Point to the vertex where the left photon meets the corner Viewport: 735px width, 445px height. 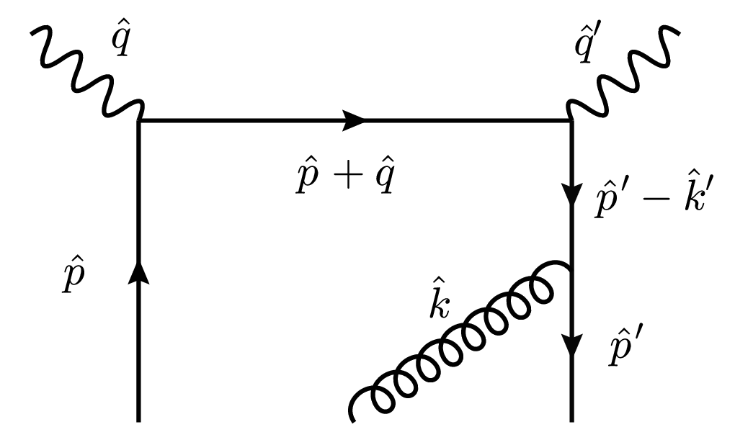click(x=138, y=121)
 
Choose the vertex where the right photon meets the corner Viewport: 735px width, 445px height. click(x=571, y=121)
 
